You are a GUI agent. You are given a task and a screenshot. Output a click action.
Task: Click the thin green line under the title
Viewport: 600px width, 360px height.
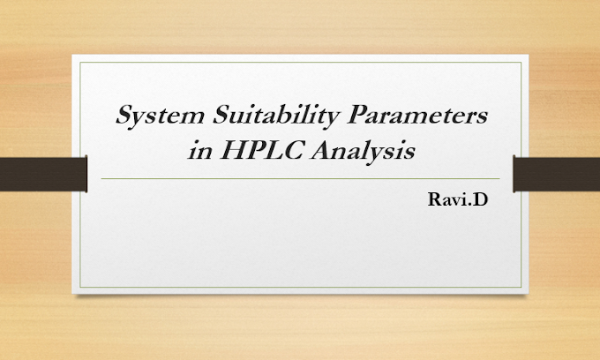coord(300,178)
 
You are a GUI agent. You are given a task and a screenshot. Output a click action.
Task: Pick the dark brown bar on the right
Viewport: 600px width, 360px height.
coord(556,173)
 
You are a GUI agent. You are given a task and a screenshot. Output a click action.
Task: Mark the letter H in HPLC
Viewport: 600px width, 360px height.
coord(227,151)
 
